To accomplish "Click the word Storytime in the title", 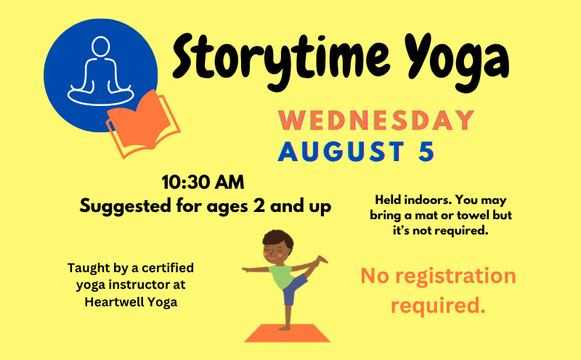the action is [281, 60].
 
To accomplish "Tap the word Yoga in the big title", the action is [457, 60].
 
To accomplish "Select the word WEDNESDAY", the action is [376, 120].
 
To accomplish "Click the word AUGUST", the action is [341, 152].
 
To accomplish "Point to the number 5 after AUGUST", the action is [426, 152].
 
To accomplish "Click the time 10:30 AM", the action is [203, 182].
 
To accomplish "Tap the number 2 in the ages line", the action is [259, 205].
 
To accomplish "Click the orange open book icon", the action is [143, 124].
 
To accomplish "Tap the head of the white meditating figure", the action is [100, 46].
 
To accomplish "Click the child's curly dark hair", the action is [278, 240].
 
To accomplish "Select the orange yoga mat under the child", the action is [287, 333].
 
